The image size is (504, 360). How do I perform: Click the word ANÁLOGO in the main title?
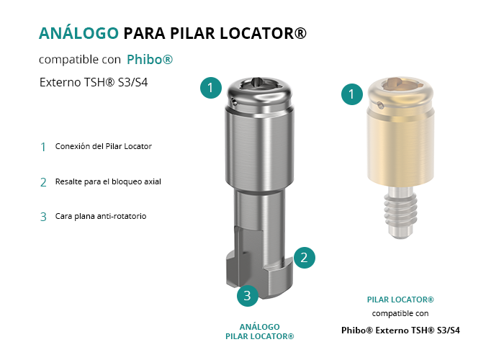point(78,33)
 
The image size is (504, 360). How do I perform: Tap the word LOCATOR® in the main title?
point(264,33)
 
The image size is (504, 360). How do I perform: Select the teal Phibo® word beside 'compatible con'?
point(150,60)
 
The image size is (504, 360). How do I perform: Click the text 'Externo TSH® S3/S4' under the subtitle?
point(94,82)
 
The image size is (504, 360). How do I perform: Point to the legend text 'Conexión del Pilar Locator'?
point(104,146)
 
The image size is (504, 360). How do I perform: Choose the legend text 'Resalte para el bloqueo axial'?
point(108,181)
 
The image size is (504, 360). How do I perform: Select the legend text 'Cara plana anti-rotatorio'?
point(101,216)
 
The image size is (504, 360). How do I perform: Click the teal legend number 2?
point(43,183)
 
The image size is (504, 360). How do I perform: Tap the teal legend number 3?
point(43,217)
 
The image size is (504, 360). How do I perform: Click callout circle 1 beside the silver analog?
point(211,88)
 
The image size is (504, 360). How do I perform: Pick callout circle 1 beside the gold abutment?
point(352,94)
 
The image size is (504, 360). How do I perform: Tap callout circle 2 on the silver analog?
point(304,258)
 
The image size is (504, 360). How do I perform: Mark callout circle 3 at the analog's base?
point(248,296)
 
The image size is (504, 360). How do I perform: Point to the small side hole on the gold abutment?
point(381,105)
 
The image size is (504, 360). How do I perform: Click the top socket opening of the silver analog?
point(259,84)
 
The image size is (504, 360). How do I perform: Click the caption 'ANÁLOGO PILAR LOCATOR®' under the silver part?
point(260,332)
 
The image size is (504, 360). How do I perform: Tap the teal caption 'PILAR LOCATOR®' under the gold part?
point(400,300)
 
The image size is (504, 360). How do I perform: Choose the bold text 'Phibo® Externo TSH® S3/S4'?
point(400,330)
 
